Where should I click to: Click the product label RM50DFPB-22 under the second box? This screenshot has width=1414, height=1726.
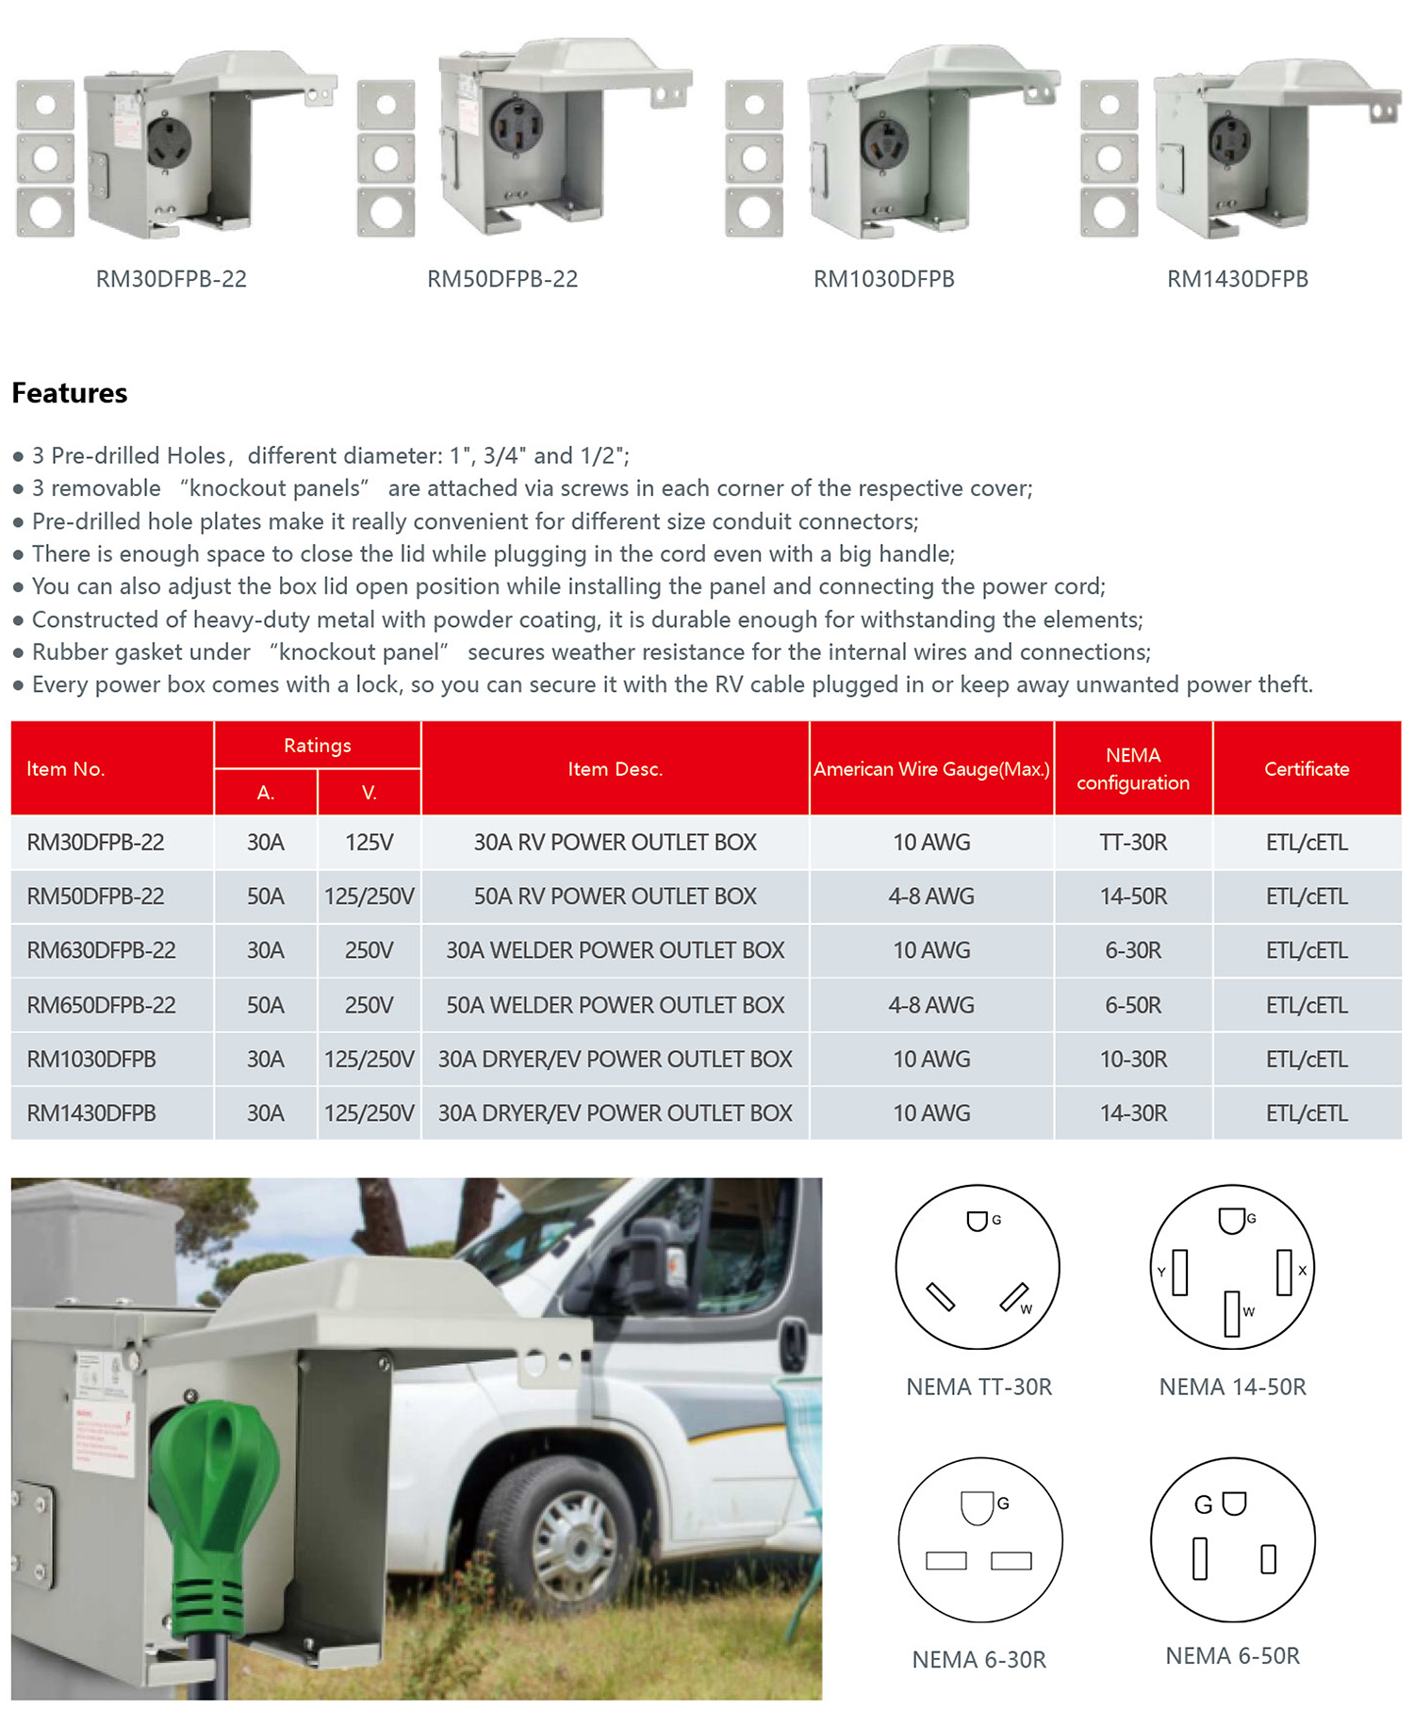click(x=502, y=279)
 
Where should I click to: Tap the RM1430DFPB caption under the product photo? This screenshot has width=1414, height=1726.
click(x=1237, y=279)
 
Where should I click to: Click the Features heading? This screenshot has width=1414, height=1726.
click(x=70, y=393)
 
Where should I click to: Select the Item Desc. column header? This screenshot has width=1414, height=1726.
click(x=615, y=769)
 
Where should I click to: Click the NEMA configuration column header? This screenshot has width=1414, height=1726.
click(x=1132, y=769)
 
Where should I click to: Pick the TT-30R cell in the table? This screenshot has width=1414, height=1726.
click(x=1132, y=843)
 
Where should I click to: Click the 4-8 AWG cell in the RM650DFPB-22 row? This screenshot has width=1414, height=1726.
click(x=930, y=1006)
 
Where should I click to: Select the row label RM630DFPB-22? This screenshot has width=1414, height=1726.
click(x=101, y=951)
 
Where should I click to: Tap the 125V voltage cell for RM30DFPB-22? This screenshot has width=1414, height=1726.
click(x=369, y=843)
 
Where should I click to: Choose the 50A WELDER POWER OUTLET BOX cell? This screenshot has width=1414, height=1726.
click(x=615, y=1006)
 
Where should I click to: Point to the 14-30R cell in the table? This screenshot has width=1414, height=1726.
click(x=1132, y=1114)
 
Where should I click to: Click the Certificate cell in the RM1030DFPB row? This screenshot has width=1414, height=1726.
click(x=1307, y=1060)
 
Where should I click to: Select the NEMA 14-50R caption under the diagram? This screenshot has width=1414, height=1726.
click(x=1232, y=1388)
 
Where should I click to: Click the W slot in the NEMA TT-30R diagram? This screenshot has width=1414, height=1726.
click(x=1014, y=1298)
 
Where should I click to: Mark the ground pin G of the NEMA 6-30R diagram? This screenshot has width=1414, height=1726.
click(x=978, y=1506)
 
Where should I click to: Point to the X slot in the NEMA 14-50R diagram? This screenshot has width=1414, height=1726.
click(x=1283, y=1272)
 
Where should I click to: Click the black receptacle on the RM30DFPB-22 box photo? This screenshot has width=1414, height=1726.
click(x=170, y=143)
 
